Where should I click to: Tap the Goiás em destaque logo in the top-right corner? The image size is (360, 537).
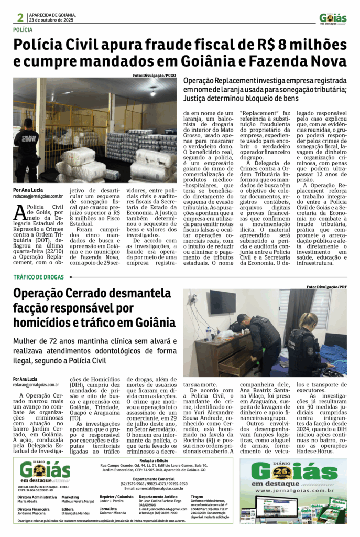pyautogui.click(x=333, y=19)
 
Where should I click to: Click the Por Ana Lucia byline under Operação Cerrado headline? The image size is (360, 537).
pyautogui.click(x=25, y=379)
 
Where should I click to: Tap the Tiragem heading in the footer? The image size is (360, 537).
pyautogui.click(x=197, y=496)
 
